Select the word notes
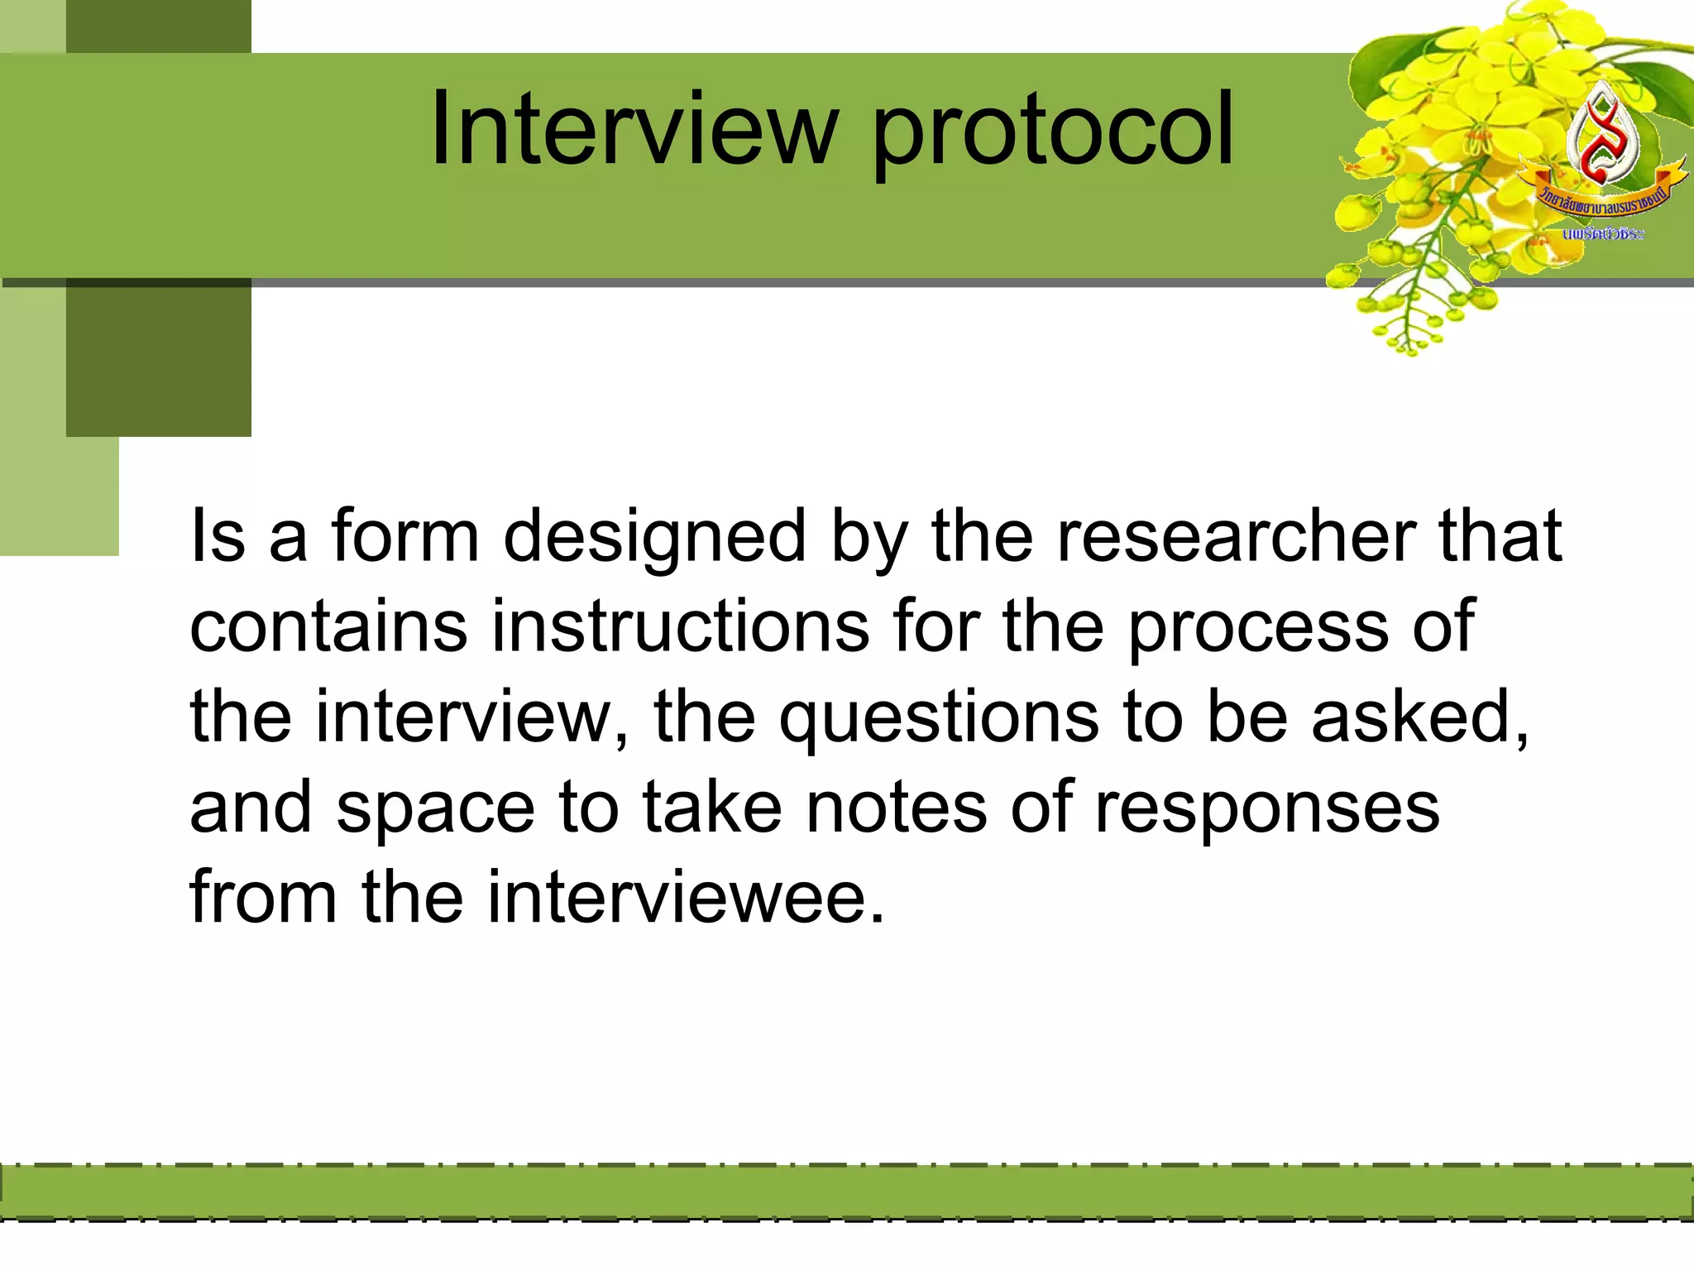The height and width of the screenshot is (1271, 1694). [896, 808]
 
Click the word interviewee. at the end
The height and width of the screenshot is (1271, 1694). [686, 897]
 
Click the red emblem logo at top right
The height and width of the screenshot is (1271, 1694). [1601, 137]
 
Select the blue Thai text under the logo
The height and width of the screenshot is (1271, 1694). [1602, 234]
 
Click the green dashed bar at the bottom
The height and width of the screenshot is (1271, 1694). [847, 1192]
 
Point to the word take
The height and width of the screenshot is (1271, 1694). [711, 808]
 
